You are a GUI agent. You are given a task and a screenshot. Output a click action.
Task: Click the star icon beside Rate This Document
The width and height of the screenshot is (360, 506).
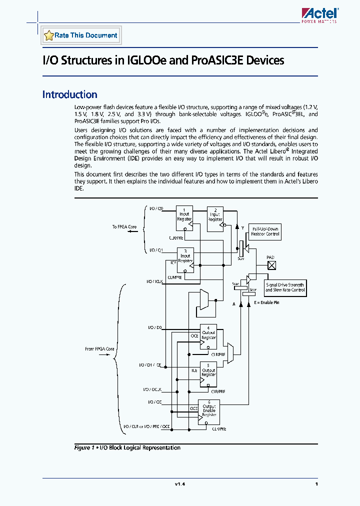point(48,35)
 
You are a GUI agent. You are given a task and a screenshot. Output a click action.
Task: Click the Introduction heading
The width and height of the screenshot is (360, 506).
point(69,94)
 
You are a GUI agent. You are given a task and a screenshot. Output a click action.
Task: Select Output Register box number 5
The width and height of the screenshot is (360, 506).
point(208,372)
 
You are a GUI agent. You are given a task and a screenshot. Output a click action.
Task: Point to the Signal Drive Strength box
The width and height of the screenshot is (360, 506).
point(284,287)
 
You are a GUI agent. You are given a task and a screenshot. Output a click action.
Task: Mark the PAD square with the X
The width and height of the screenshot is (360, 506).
point(270,266)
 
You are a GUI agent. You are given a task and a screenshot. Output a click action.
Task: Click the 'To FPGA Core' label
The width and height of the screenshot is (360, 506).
point(124,227)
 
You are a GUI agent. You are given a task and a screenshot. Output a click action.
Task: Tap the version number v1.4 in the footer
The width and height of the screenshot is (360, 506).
point(179,484)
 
